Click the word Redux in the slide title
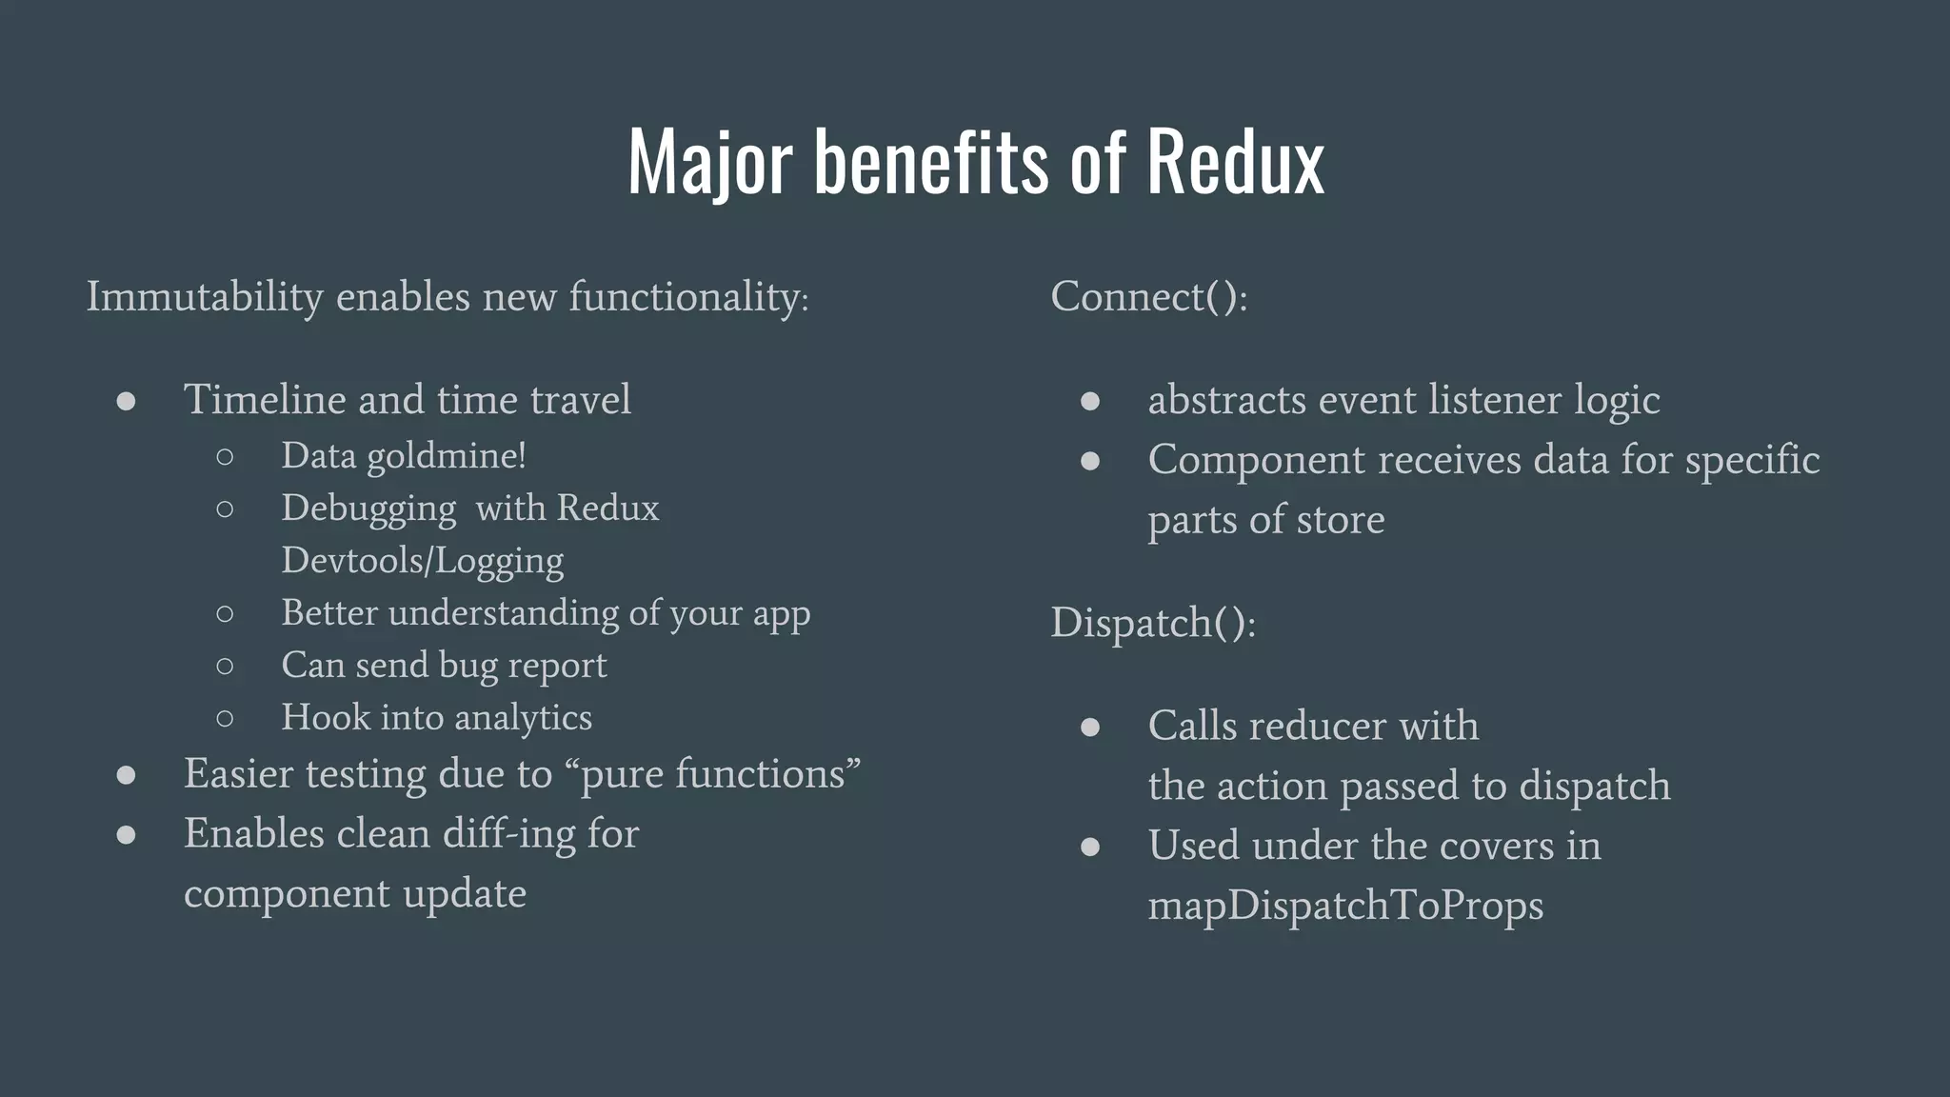(1235, 162)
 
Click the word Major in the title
(709, 162)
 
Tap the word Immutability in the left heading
(205, 297)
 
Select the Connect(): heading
(1148, 297)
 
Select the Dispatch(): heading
(1153, 624)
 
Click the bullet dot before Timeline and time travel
(126, 401)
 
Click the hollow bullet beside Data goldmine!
(225, 457)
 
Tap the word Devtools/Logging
(422, 561)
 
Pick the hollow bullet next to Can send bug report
(225, 667)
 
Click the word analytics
(523, 718)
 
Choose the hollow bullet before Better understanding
(225, 614)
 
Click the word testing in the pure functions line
(366, 774)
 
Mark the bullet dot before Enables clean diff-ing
(126, 835)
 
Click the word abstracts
(1226, 400)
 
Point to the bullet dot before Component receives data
(1090, 462)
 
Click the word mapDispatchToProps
(1345, 906)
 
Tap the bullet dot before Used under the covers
(1090, 847)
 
